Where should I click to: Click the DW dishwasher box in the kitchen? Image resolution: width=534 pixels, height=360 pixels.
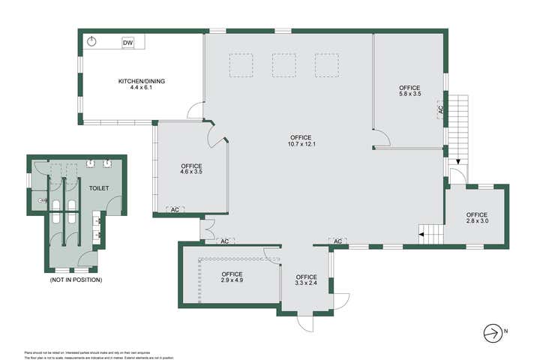(x=127, y=43)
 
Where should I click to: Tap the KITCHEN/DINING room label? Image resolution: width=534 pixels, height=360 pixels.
(x=141, y=84)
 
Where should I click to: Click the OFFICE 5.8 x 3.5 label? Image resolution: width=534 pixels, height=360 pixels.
(x=409, y=91)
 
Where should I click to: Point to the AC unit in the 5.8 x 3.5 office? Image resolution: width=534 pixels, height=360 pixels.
(x=440, y=110)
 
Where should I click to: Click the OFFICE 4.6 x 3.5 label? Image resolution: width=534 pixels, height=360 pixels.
(x=191, y=169)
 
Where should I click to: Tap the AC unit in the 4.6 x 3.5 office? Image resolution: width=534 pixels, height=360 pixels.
(x=175, y=209)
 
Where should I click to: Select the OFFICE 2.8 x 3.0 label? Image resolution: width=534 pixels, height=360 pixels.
(x=476, y=217)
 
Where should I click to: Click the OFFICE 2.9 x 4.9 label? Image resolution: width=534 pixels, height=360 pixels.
(x=232, y=277)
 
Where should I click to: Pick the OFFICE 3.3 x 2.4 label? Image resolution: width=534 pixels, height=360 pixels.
(x=306, y=280)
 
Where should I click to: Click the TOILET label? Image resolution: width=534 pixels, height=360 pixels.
(x=99, y=188)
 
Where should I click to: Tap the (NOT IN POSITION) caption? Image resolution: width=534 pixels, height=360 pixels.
(x=76, y=280)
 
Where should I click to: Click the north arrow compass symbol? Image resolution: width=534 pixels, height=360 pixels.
(x=492, y=331)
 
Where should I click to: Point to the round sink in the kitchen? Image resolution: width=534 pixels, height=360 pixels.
(x=91, y=41)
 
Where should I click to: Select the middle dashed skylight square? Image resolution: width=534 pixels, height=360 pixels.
(x=284, y=65)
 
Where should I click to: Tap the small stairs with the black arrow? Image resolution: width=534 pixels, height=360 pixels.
(x=430, y=234)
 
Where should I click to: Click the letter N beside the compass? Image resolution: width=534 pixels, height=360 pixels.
(x=505, y=331)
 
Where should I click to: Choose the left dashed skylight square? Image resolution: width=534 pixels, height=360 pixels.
(x=241, y=65)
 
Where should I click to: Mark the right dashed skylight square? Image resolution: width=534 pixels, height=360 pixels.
(x=327, y=65)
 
